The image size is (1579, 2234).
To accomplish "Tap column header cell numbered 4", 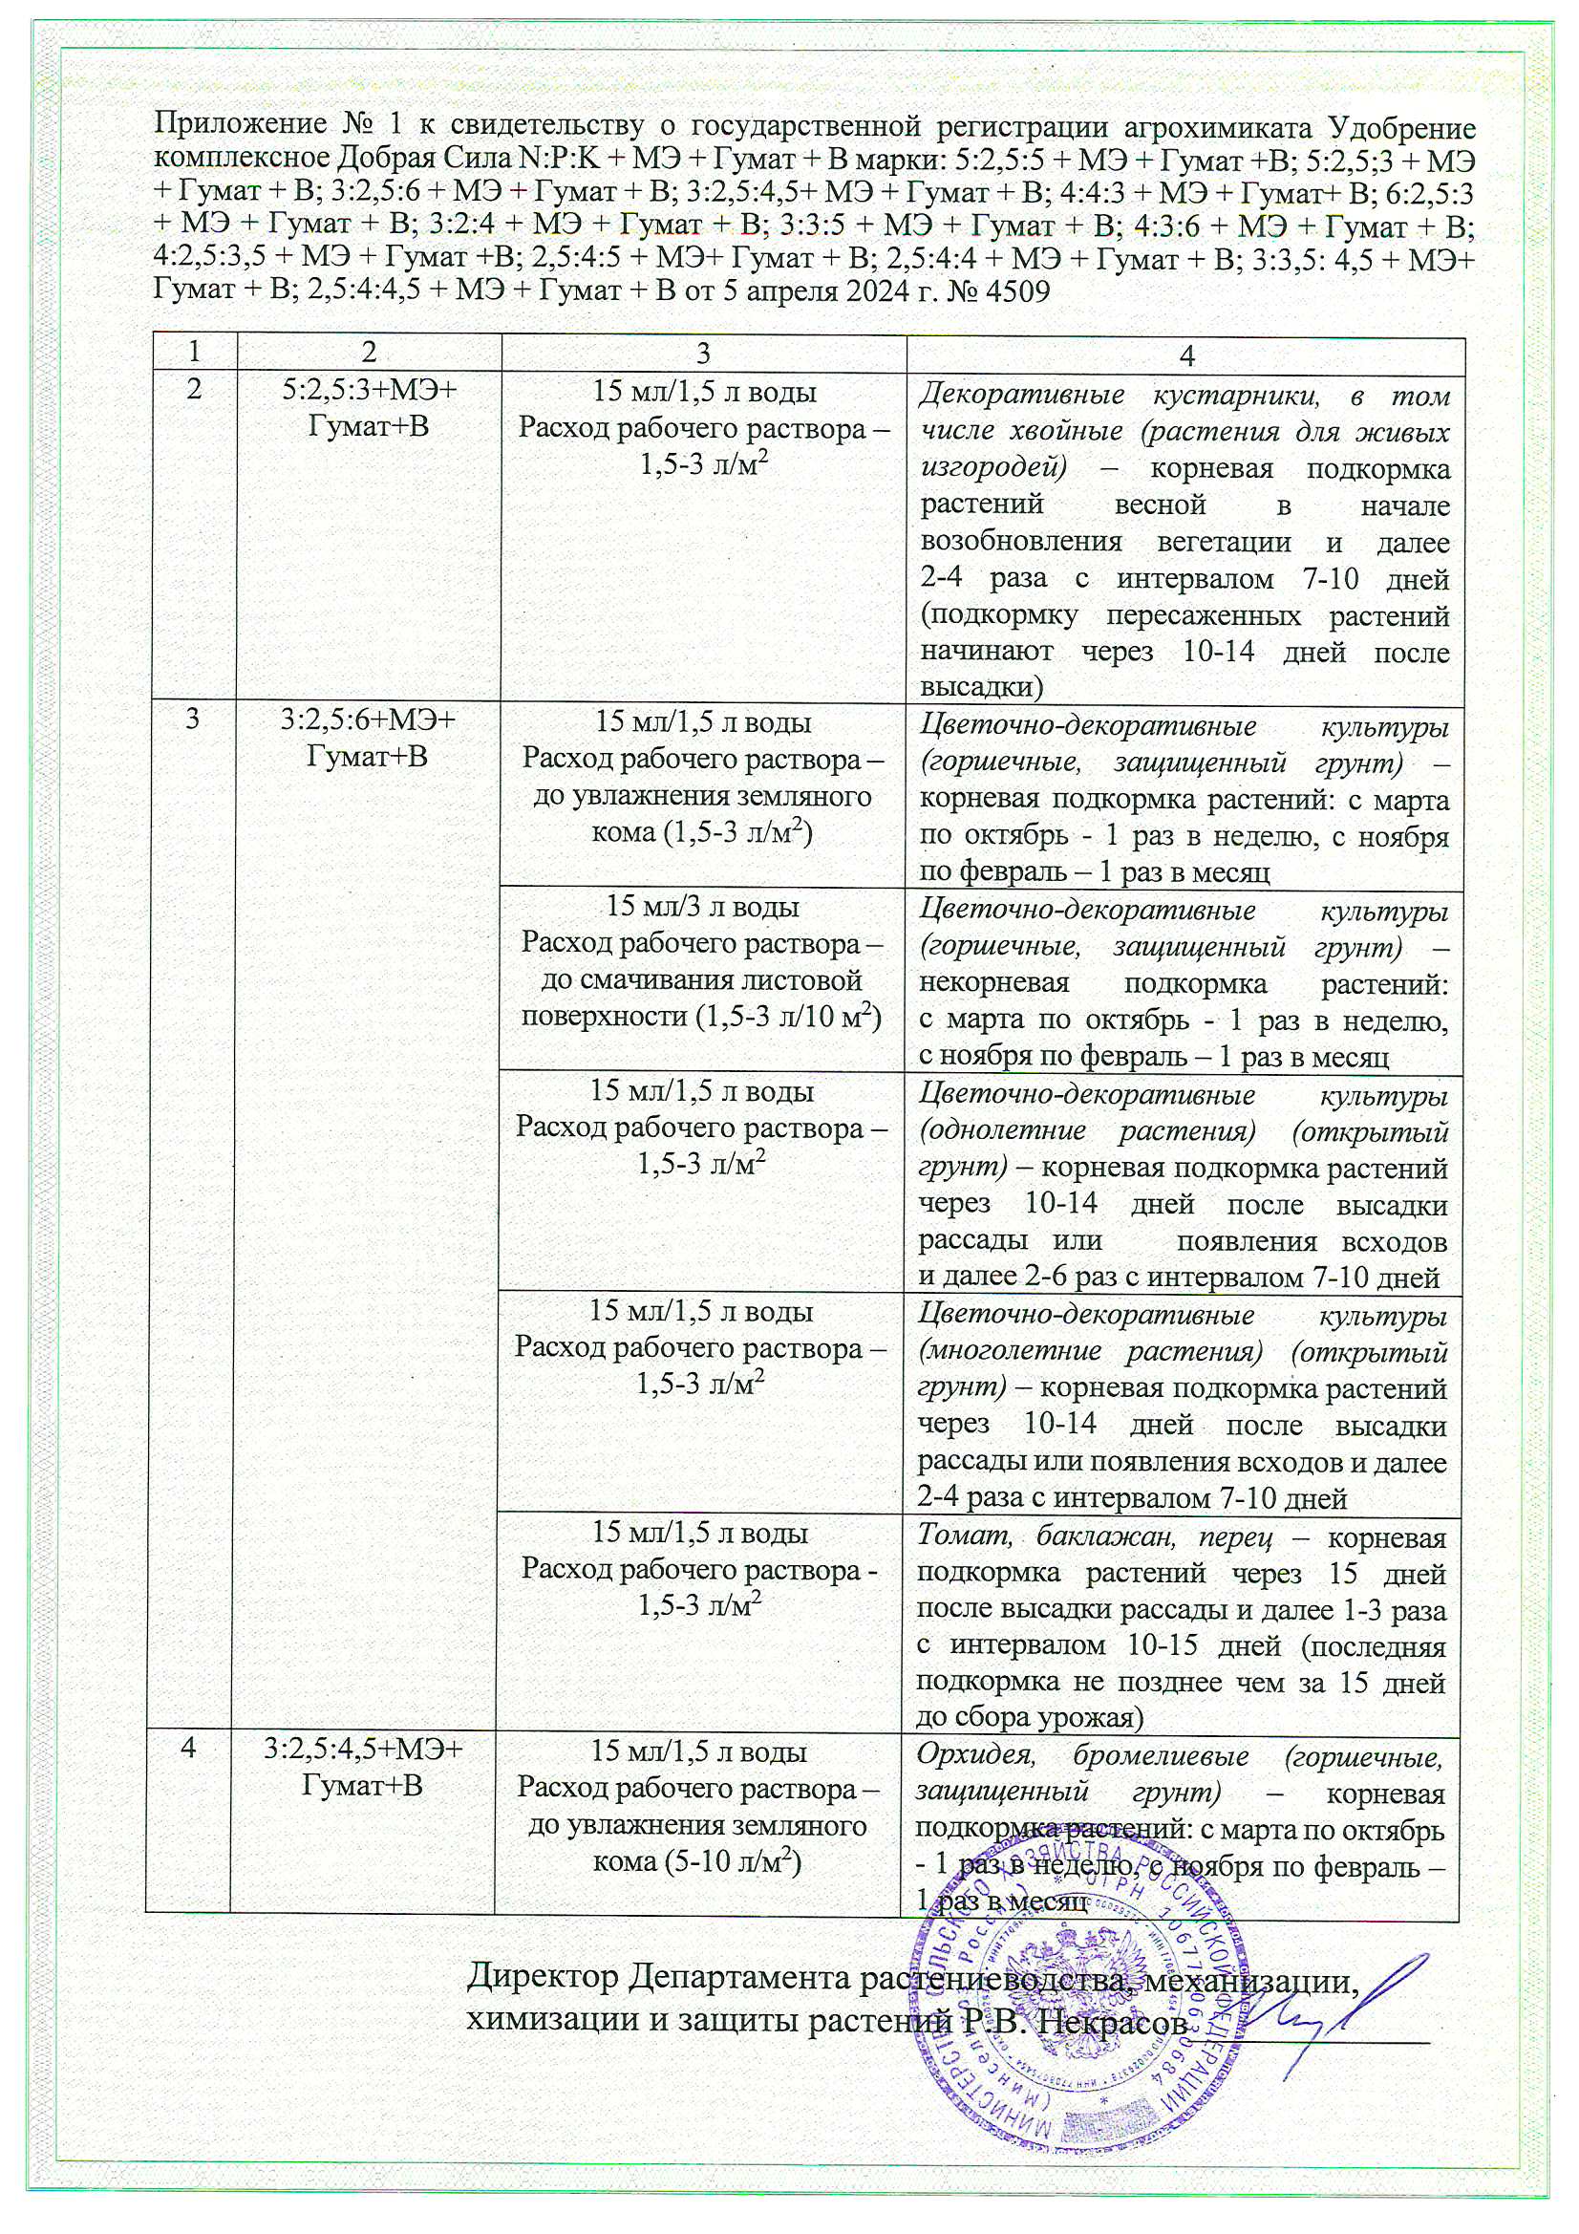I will coord(1185,355).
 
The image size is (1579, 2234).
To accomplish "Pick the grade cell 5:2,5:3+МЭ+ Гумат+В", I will coord(367,410).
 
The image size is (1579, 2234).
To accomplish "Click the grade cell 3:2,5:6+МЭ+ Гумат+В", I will coord(367,740).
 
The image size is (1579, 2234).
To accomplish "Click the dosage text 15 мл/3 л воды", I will coord(702,908).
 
